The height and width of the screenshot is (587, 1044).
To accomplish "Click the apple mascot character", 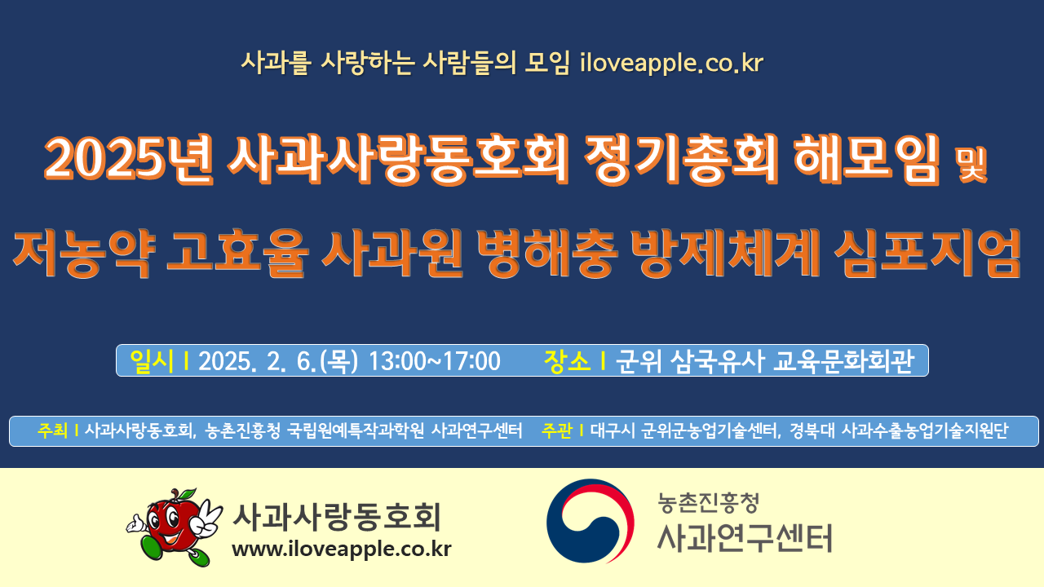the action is pos(175,527).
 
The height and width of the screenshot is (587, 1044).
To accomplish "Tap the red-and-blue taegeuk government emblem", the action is pos(590,521).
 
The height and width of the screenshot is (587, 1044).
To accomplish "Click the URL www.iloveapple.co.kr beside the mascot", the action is pos(342,549).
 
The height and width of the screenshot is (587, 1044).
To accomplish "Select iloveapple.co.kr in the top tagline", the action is pos(671,63).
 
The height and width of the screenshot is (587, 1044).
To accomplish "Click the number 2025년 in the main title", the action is pos(129,158).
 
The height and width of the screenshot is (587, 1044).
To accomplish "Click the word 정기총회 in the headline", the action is pos(681,158).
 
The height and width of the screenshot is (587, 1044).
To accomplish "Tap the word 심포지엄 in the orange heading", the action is pos(927,254).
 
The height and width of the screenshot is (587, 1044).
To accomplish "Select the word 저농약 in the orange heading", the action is pos(84,254).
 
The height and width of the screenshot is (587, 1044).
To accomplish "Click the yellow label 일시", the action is pos(152,361).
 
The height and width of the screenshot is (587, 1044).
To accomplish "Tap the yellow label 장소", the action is pos(567,361).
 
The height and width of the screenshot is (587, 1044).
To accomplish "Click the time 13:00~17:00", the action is pos(435,361).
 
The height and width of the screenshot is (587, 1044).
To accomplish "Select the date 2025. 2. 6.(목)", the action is pos(278,361).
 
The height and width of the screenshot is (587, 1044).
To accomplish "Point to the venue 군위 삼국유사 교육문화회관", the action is pos(765,361).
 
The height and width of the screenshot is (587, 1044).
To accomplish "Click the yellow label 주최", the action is pos(53,430).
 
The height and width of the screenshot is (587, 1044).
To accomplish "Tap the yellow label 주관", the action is pos(556,430).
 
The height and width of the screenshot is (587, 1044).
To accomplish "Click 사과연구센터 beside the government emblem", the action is pos(745,539).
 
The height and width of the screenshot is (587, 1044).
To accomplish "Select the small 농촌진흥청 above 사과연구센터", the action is pos(709,503).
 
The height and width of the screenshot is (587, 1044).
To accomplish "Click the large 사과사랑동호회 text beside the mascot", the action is pos(337,516).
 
